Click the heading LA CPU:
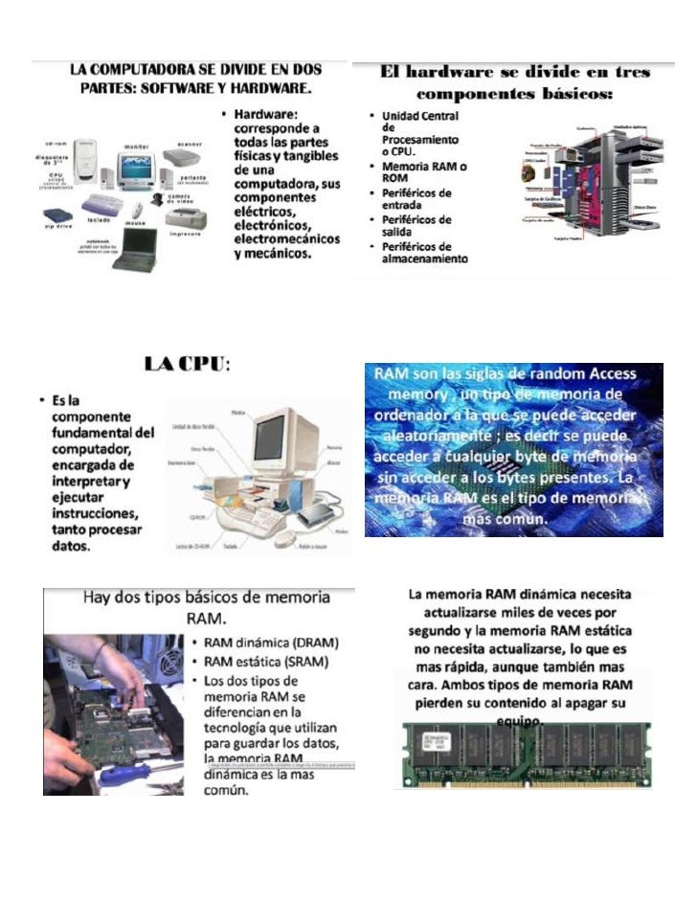tap(187, 365)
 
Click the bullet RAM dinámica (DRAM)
tap(270, 643)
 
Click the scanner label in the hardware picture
tap(186, 146)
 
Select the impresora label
tap(185, 234)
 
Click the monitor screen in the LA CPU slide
tap(279, 441)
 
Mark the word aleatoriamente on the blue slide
tap(425, 435)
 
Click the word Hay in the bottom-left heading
tap(105, 597)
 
